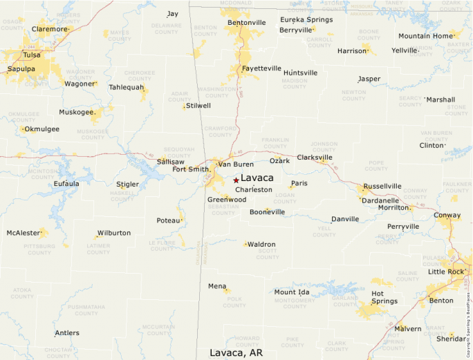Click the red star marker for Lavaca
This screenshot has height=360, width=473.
pyautogui.click(x=236, y=180)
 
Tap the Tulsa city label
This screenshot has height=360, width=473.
pyautogui.click(x=31, y=55)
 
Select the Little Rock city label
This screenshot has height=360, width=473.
pyautogui.click(x=446, y=272)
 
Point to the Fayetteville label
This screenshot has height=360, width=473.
pyautogui.click(x=261, y=68)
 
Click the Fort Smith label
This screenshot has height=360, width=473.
pyautogui.click(x=190, y=169)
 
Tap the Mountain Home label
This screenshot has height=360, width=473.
pyautogui.click(x=425, y=36)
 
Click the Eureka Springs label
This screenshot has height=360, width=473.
pyautogui.click(x=305, y=19)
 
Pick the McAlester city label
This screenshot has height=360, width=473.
pyautogui.click(x=24, y=233)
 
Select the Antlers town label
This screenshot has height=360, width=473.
pyautogui.click(x=67, y=333)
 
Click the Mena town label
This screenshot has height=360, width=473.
pyautogui.click(x=217, y=285)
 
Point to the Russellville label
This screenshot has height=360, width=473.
pyautogui.click(x=382, y=186)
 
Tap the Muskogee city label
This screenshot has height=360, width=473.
pyautogui.click(x=77, y=111)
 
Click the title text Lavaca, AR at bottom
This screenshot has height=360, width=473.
pyautogui.click(x=236, y=352)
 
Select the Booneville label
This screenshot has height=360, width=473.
pyautogui.click(x=267, y=211)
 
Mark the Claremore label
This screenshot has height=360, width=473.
pyautogui.click(x=50, y=29)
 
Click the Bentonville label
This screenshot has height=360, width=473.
pyautogui.click(x=246, y=22)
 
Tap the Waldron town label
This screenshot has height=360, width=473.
pyautogui.click(x=261, y=244)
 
